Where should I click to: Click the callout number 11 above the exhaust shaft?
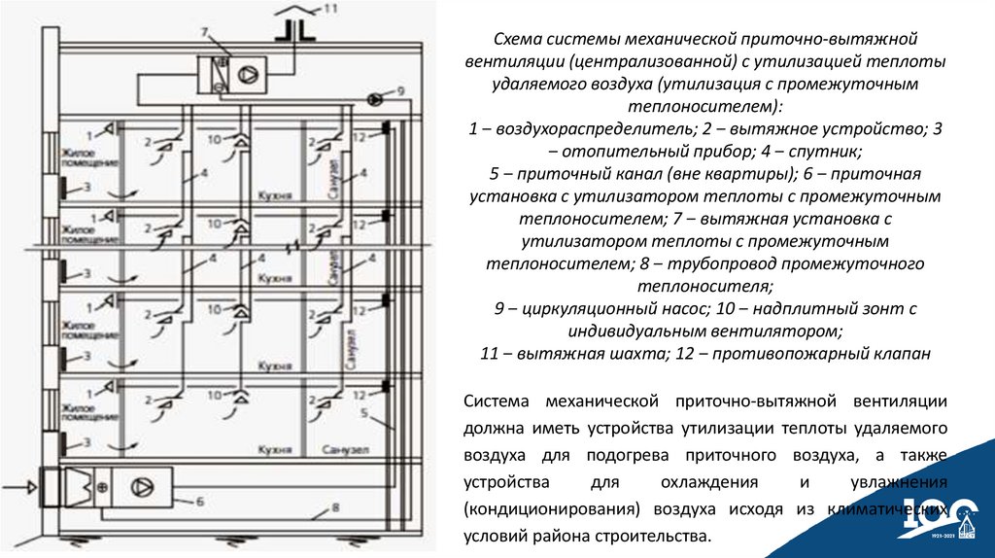point(331,10)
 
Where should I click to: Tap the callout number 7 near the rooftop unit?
point(204,33)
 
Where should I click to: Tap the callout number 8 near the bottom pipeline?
point(335,507)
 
